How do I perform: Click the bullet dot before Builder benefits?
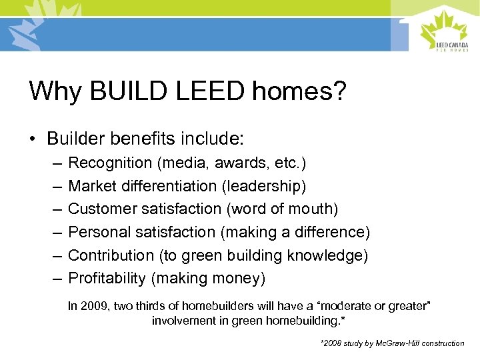(33, 139)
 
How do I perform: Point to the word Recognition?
(111, 163)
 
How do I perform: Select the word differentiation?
(166, 186)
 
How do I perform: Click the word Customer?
(101, 209)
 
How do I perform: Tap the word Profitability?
(107, 279)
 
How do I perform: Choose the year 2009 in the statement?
(90, 306)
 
